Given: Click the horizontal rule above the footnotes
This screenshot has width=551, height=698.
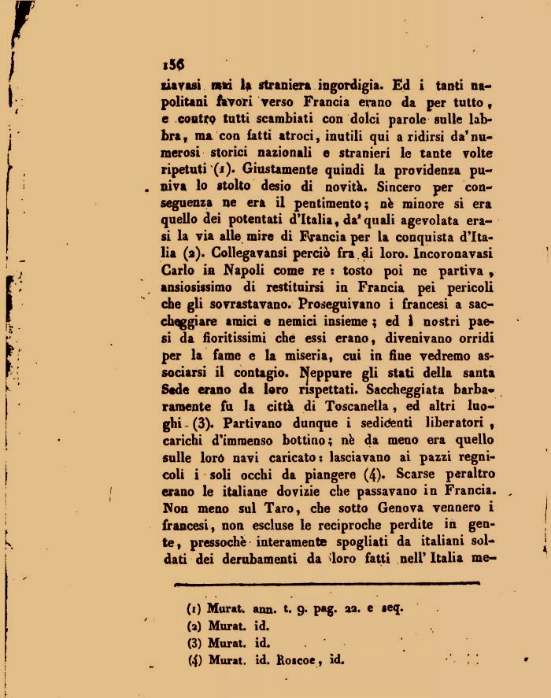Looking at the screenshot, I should (x=326, y=582).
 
